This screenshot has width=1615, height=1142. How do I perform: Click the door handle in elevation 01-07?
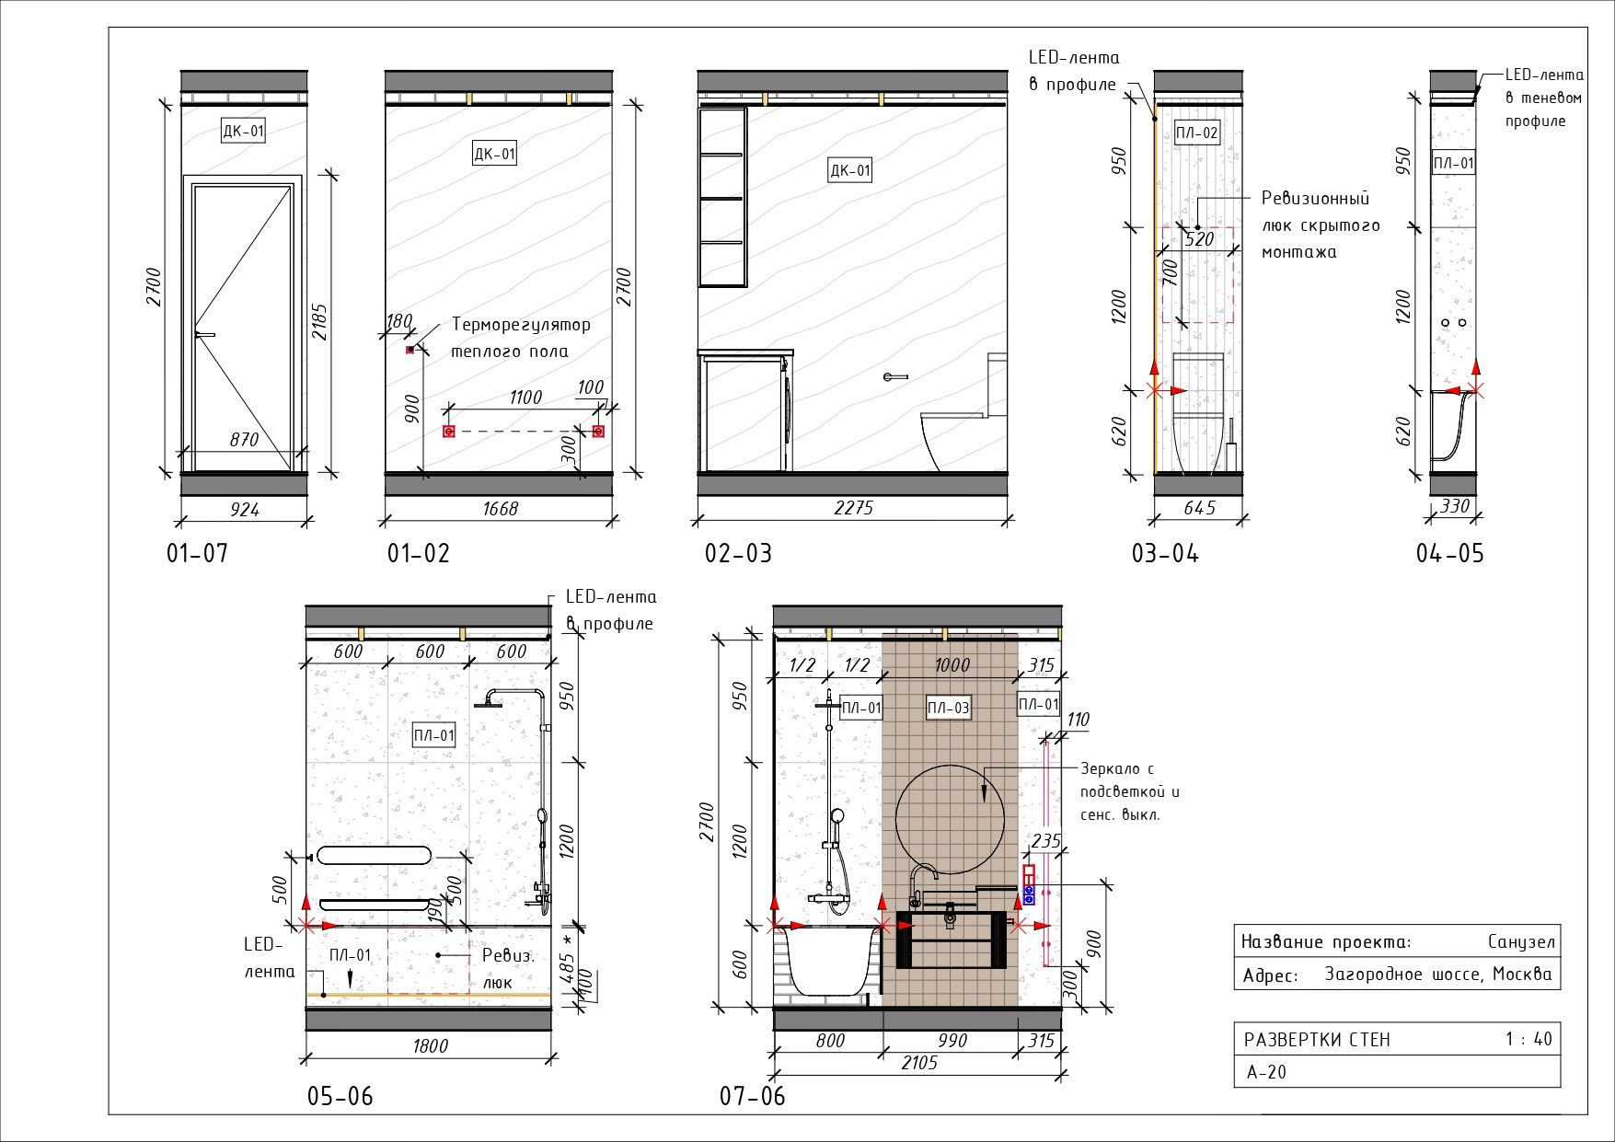point(204,335)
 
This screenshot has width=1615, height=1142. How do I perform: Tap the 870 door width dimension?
point(244,440)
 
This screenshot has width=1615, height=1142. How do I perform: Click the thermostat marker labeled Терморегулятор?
point(410,350)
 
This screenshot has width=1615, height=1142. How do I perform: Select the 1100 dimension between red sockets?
point(525,398)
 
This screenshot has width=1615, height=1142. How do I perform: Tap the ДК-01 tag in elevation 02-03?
point(849,170)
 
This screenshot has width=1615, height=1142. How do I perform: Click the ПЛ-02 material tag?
point(1196,133)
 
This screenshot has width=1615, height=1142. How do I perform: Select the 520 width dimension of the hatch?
point(1199,239)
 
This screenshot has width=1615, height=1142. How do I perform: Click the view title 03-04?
point(1165,554)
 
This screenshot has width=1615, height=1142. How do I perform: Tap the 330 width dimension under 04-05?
point(1455,506)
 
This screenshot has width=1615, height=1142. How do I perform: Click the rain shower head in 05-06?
point(494,705)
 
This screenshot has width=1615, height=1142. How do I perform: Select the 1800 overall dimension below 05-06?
point(430,1045)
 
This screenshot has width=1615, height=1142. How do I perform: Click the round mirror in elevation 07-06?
point(951,816)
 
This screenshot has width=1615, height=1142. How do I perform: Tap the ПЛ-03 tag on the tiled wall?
point(948,708)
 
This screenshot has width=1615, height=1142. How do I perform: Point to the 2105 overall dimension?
point(918,1063)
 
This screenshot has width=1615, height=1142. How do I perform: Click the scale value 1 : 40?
point(1528,1040)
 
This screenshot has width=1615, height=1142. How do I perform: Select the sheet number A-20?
point(1266,1072)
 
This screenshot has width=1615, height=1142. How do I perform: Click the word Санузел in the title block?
point(1520,941)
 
